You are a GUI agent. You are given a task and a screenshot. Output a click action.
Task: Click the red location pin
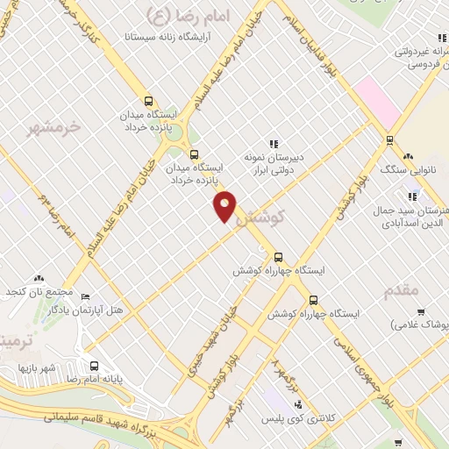(x=225, y=206)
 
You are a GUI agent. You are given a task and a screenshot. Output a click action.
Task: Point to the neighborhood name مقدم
(x=401, y=289)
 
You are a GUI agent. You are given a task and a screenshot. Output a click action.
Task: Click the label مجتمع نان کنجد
(x=36, y=290)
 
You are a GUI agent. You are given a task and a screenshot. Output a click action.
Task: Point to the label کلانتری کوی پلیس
(x=297, y=419)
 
